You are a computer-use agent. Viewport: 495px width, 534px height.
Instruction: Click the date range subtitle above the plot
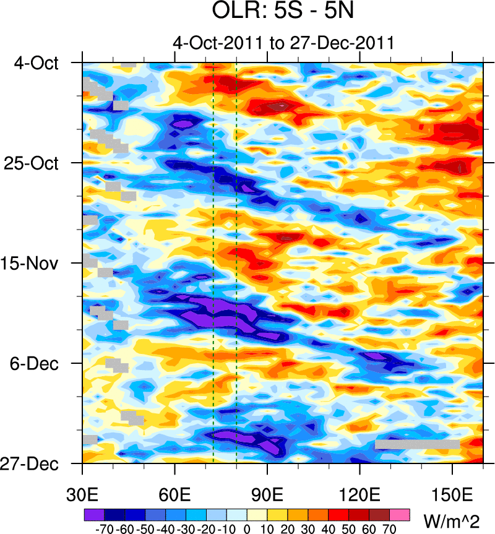pyautogui.click(x=283, y=43)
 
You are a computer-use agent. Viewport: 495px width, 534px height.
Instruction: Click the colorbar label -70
pyautogui.click(x=103, y=529)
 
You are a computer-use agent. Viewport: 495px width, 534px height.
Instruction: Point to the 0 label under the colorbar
pyautogui.click(x=247, y=529)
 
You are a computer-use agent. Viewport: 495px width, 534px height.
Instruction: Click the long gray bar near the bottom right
pyautogui.click(x=417, y=444)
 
